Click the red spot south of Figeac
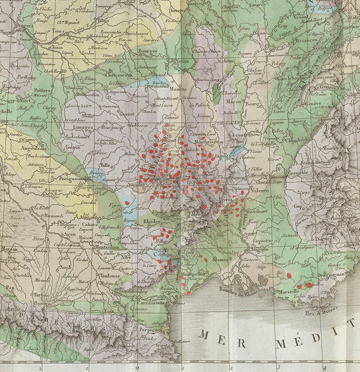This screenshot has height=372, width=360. click(x=127, y=203)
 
